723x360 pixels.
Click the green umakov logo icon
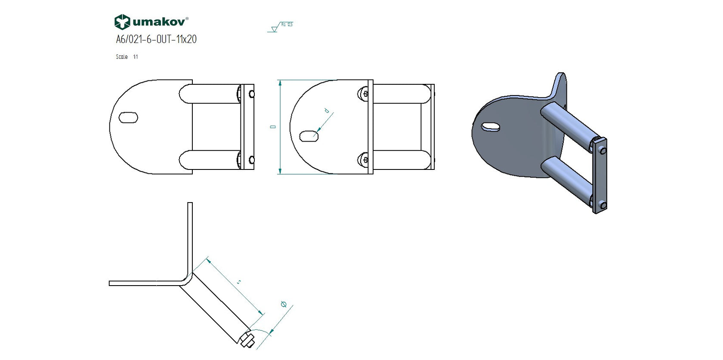(122, 22)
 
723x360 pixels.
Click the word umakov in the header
(160, 22)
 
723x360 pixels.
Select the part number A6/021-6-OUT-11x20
(156, 39)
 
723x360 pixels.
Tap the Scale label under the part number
(122, 57)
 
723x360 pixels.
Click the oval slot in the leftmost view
(128, 117)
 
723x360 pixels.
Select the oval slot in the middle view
(309, 136)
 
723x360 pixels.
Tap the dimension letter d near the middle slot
(327, 111)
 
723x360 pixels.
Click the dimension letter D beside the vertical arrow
(272, 127)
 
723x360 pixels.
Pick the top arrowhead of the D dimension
(280, 83)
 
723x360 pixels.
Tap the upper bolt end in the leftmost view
(252, 94)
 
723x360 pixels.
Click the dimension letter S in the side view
(239, 282)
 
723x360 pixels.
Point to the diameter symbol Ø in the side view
(284, 305)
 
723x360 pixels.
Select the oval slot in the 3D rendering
(491, 126)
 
